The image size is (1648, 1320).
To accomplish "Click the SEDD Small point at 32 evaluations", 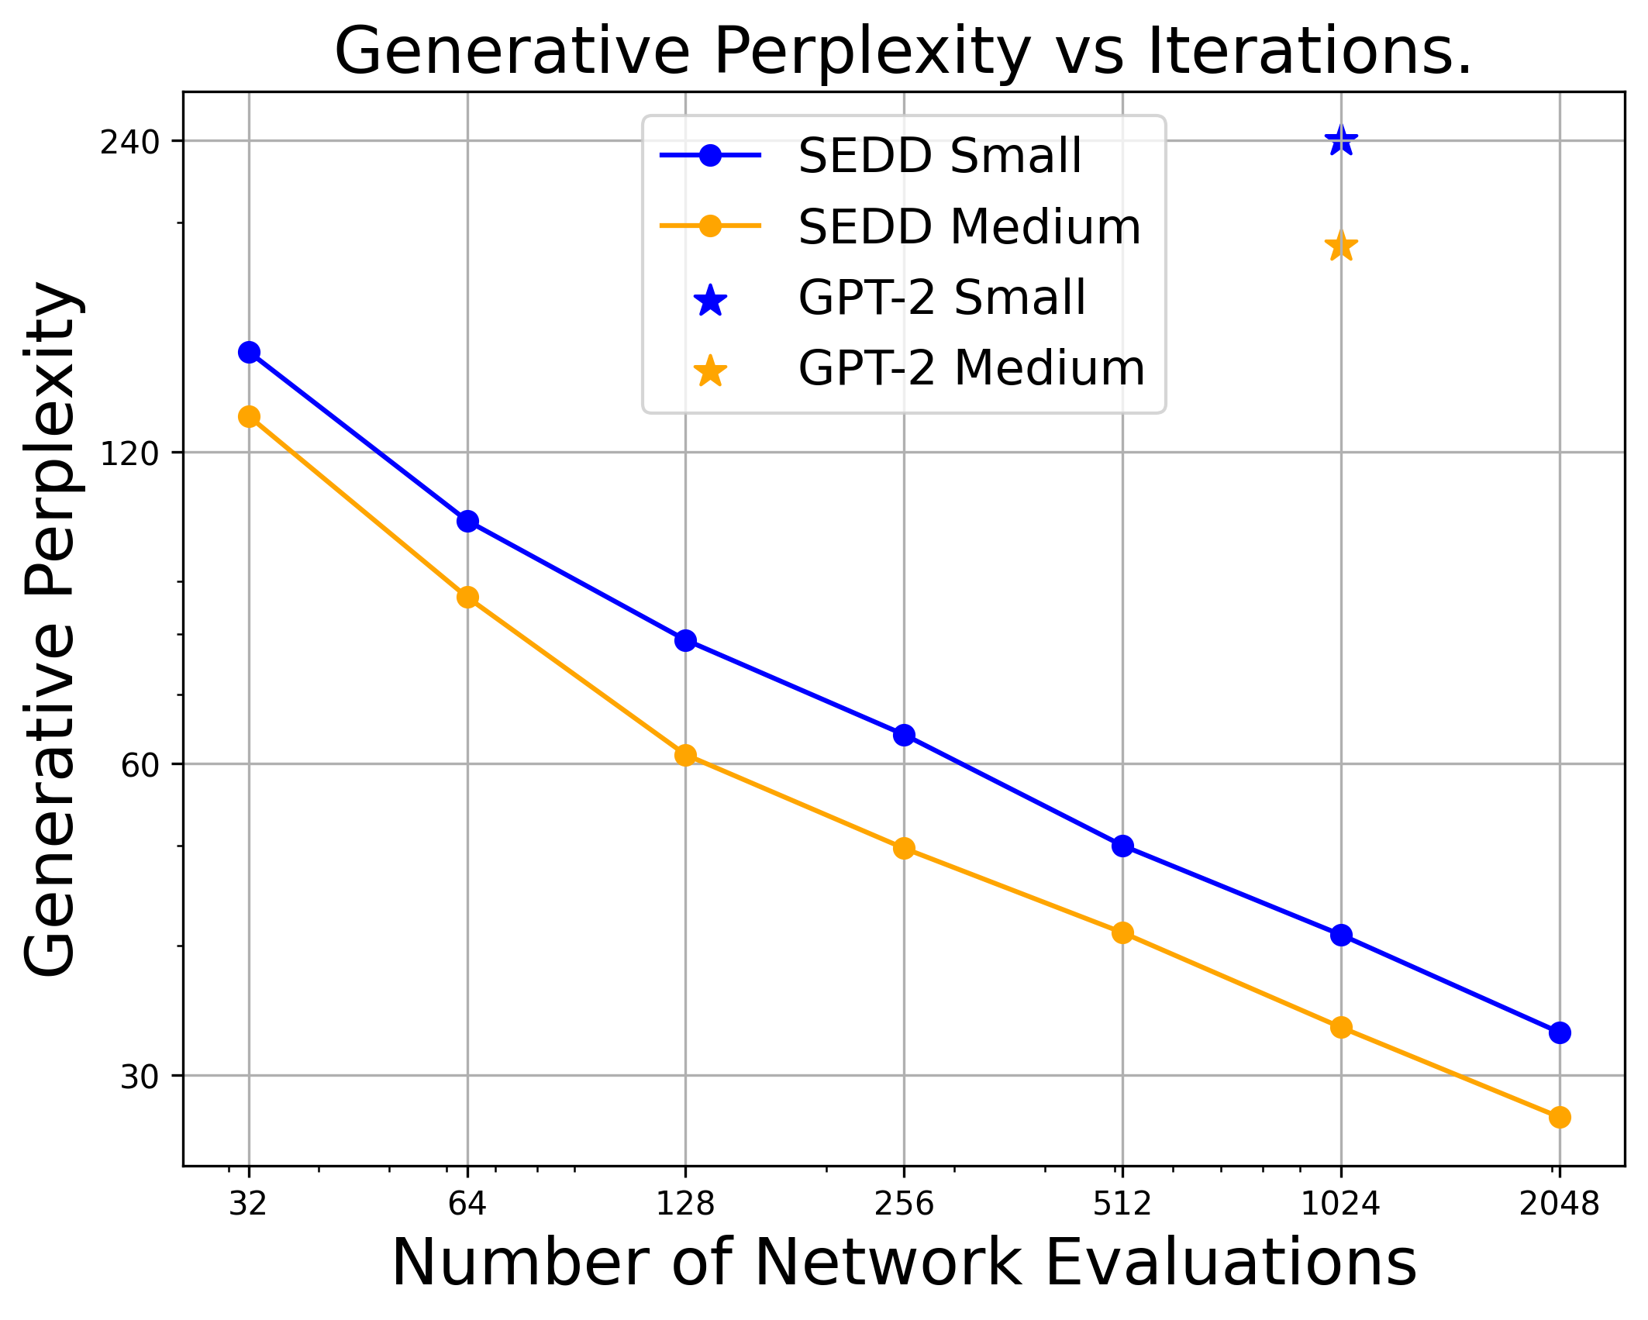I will pyautogui.click(x=249, y=353).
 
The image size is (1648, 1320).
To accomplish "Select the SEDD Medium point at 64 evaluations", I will pyautogui.click(x=467, y=597).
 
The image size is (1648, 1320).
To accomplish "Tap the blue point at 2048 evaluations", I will pyautogui.click(x=1560, y=1032).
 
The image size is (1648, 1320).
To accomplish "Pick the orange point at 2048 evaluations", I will pyautogui.click(x=1560, y=1117).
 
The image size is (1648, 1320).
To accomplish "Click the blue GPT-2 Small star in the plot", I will pyautogui.click(x=1341, y=141).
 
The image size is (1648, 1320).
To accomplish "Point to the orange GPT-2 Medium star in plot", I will pyautogui.click(x=1341, y=246).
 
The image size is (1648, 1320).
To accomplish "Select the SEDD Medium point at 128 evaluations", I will pyautogui.click(x=685, y=755).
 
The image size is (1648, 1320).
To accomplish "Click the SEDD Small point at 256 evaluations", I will pyautogui.click(x=904, y=735).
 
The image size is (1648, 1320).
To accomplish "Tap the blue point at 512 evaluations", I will pyautogui.click(x=1122, y=846).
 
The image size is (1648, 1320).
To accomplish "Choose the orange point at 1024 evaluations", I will pyautogui.click(x=1341, y=1028).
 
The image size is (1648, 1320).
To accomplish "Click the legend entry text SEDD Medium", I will pyautogui.click(x=969, y=227).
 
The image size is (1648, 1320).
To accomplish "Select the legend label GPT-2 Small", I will pyautogui.click(x=942, y=298).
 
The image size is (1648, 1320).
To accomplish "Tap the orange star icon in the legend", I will pyautogui.click(x=710, y=371).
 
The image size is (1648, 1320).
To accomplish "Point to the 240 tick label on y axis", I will pyautogui.click(x=129, y=143).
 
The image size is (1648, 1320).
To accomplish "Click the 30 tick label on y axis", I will pyautogui.click(x=140, y=1077).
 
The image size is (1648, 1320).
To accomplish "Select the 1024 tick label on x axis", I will pyautogui.click(x=1340, y=1204).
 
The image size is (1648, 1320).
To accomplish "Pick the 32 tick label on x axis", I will pyautogui.click(x=248, y=1204).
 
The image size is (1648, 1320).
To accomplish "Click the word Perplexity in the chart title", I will pyautogui.click(x=872, y=53).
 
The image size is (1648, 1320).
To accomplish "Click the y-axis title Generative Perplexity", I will pyautogui.click(x=50, y=628).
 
